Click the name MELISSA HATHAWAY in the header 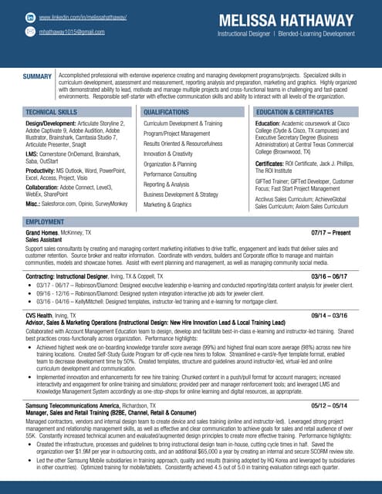286,20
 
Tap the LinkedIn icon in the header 30,17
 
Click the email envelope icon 30,32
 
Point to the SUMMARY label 37,76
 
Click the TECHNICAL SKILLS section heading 51,113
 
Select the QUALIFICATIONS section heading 166,113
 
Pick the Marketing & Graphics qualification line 167,205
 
